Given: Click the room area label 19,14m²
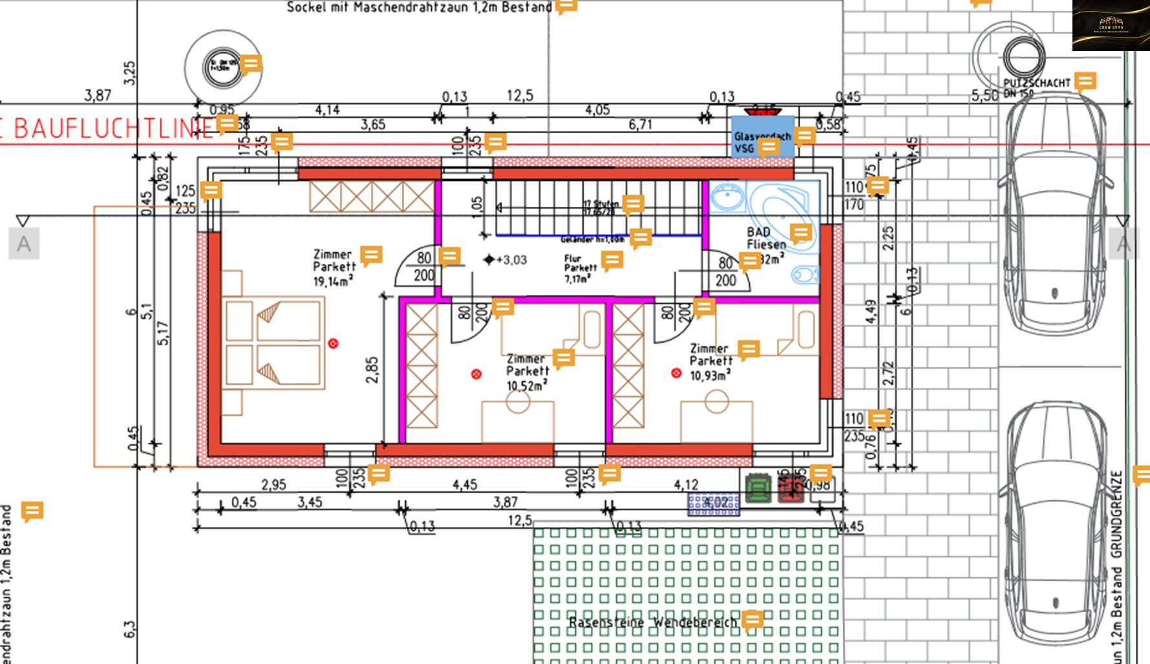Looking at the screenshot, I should tap(332, 281).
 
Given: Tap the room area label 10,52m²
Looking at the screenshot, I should tap(526, 386).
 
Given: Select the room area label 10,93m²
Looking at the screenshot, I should tap(709, 376).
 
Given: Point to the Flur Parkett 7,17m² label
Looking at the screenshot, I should tap(579, 268).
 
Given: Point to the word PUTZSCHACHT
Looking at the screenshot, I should tap(1036, 83).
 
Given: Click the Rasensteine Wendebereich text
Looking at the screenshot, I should tap(652, 623).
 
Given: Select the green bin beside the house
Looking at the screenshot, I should tap(758, 489).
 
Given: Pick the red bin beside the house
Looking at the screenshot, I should tap(790, 489).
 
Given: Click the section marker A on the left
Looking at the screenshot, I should tap(24, 244).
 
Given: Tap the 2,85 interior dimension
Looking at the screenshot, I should tap(372, 370).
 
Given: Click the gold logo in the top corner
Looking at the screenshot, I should tap(1111, 25).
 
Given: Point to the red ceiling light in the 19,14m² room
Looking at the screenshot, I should tap(333, 343).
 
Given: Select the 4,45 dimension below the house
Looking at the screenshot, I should tap(465, 485).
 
